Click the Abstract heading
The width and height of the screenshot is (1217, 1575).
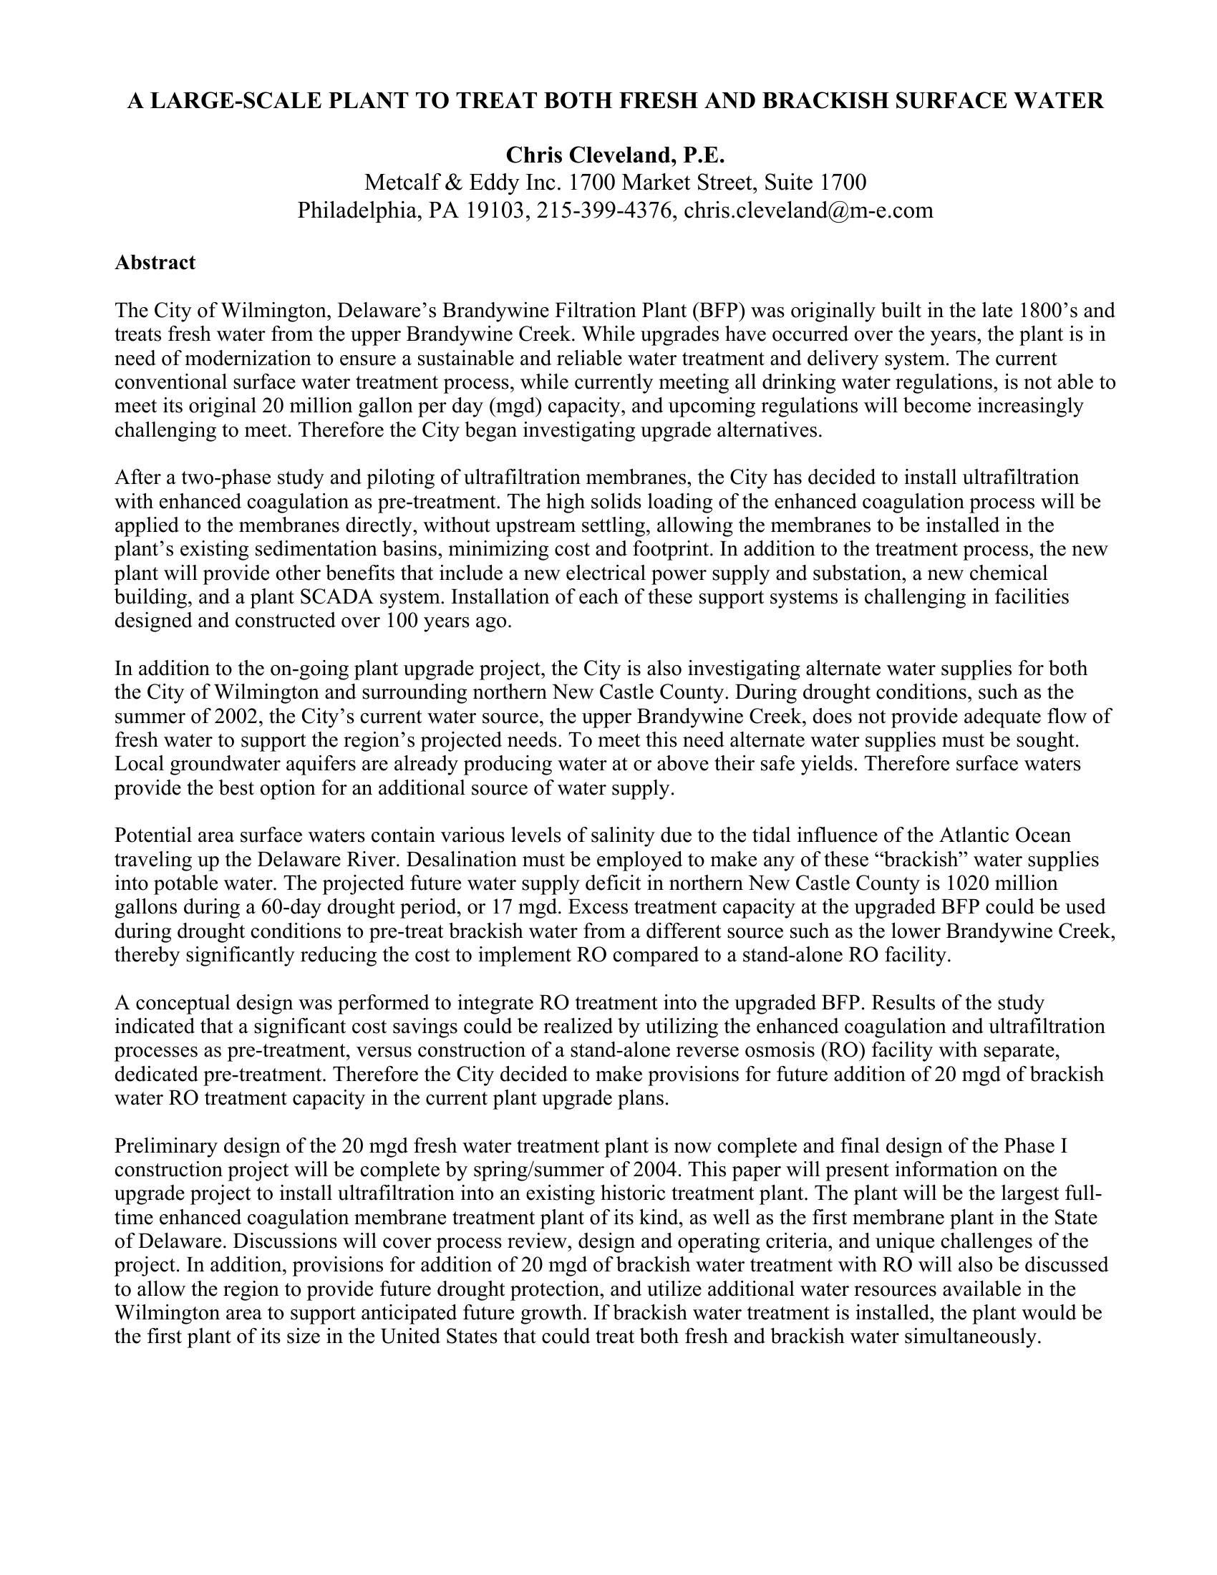155,263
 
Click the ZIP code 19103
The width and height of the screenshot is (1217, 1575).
494,210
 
